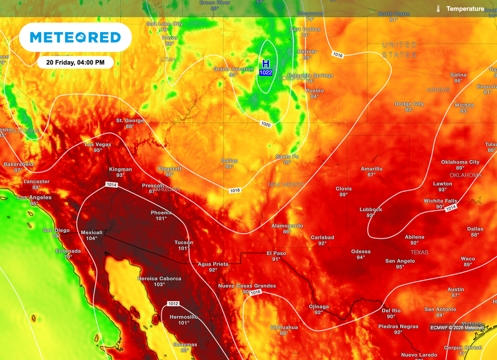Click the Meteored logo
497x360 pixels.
point(75,37)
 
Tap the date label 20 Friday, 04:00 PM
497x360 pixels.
point(75,62)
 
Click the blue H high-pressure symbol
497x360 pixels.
point(265,64)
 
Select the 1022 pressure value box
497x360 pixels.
point(265,72)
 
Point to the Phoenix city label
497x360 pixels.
point(161,213)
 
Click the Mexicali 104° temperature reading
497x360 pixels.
point(92,238)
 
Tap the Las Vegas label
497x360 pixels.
point(98,144)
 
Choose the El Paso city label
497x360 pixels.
point(276,253)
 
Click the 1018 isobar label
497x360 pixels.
point(235,191)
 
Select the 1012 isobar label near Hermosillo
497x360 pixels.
point(173,304)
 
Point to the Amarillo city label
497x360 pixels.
point(371,169)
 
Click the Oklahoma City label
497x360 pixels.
point(460,162)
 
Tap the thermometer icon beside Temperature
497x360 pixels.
point(438,9)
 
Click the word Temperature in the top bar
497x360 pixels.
point(465,9)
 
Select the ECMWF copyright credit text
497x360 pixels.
point(456,327)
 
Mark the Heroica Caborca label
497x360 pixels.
point(160,278)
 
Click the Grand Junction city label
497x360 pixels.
point(233,69)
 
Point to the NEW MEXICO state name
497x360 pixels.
point(286,185)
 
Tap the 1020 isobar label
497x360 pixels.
point(265,125)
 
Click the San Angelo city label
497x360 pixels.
point(400,261)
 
